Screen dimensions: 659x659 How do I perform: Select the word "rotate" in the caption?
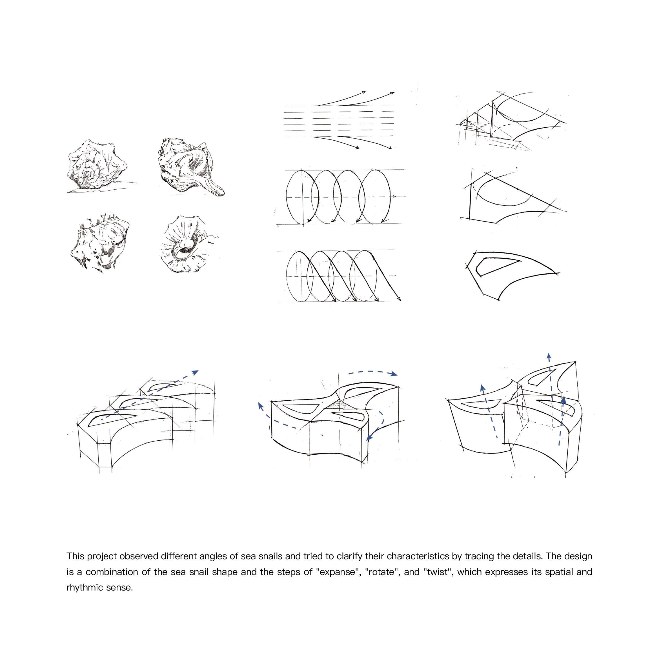(382, 572)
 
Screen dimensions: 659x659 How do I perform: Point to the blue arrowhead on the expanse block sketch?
(194, 372)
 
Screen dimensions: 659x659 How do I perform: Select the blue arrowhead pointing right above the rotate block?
(394, 374)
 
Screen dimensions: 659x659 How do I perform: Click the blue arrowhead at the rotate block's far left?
(261, 406)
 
